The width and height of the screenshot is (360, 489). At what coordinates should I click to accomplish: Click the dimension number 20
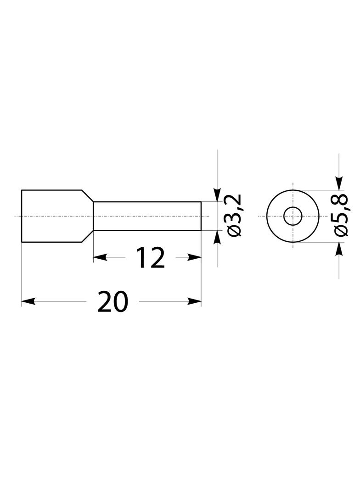[112, 301]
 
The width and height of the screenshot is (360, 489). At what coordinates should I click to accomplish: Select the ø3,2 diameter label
[235, 216]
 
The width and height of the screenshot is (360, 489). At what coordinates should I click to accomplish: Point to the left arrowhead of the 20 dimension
[28, 301]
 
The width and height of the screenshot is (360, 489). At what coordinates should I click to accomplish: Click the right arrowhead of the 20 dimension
[194, 301]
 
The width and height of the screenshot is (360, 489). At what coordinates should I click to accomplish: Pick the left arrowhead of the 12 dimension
[100, 258]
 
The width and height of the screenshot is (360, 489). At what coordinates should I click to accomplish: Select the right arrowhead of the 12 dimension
[194, 258]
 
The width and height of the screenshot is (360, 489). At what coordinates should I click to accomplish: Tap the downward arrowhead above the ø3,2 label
[217, 195]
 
